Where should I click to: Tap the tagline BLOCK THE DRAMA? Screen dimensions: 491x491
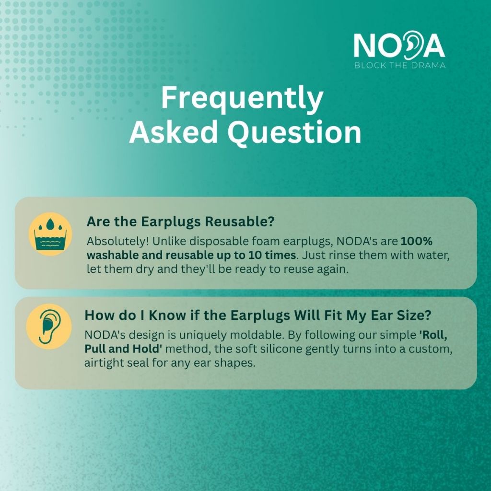[400, 65]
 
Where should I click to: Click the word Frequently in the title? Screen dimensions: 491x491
[242, 97]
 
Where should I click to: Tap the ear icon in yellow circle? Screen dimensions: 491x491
[49, 326]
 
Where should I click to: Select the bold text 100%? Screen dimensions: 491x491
[417, 241]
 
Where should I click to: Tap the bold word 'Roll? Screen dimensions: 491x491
[433, 335]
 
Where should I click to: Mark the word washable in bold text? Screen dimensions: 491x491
[112, 255]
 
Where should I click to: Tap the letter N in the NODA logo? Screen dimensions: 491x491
[364, 45]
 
